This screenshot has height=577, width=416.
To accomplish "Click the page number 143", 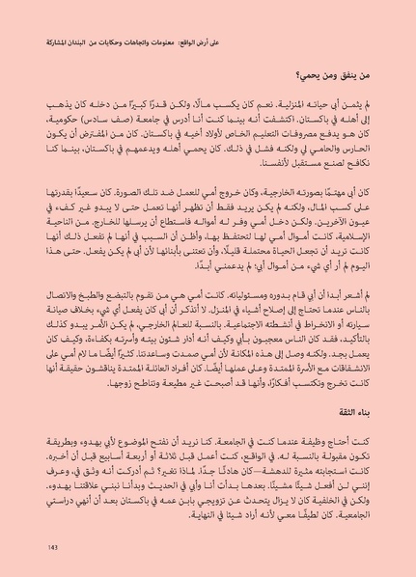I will pos(52,548).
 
